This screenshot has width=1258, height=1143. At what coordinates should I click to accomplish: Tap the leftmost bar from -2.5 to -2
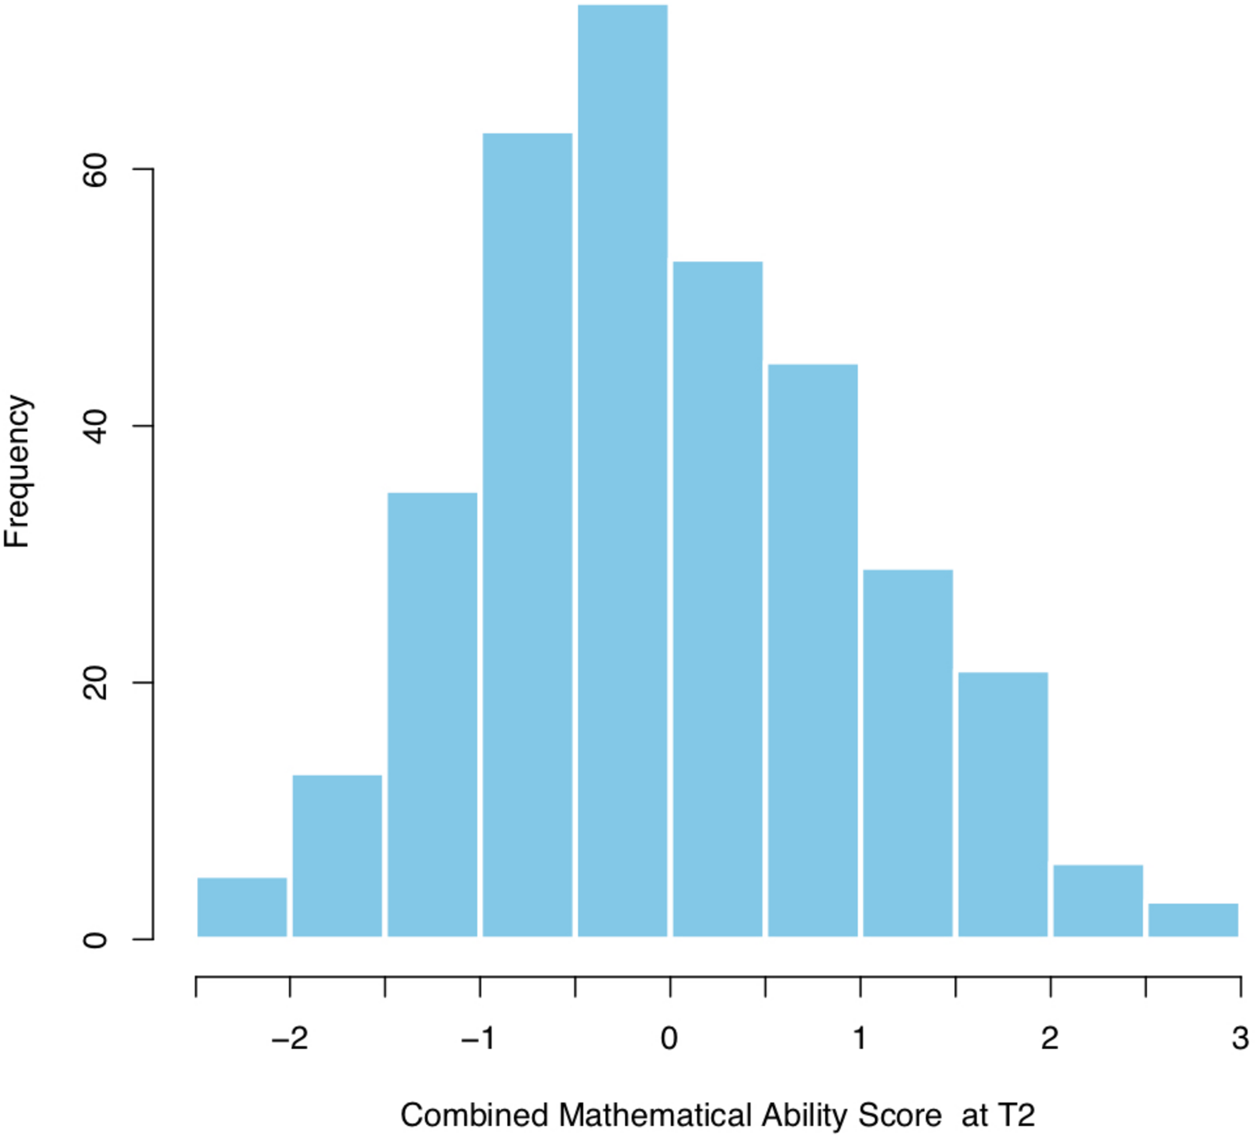click(x=242, y=907)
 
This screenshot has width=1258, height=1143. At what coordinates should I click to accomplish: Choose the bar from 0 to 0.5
click(x=718, y=599)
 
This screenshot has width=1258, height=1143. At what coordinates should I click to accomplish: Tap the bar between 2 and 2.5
click(x=1098, y=901)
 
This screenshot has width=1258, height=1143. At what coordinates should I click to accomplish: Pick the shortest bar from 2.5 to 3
click(x=1193, y=920)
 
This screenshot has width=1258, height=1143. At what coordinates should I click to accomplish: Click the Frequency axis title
click(x=17, y=472)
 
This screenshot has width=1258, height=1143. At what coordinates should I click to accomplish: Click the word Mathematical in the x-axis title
click(x=655, y=1115)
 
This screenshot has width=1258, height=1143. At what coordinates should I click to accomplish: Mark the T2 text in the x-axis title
click(x=1017, y=1115)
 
